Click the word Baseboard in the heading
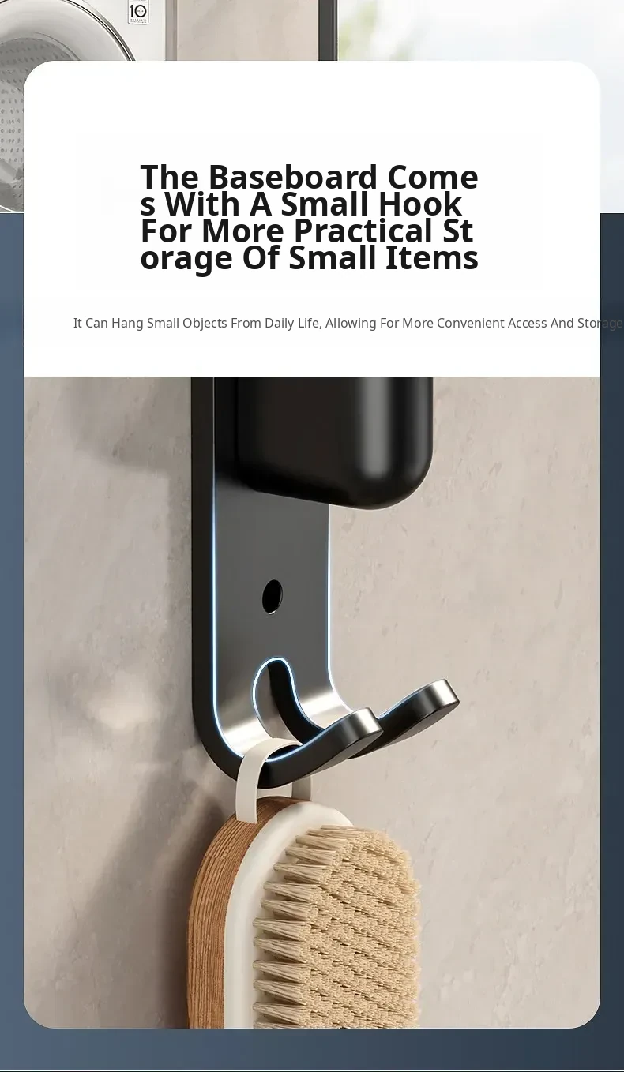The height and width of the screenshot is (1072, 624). pyautogui.click(x=293, y=177)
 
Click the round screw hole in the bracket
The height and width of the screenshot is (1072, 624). pyautogui.click(x=272, y=596)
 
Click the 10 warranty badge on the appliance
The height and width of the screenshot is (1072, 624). pyautogui.click(x=138, y=12)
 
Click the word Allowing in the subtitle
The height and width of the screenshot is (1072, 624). pyautogui.click(x=351, y=324)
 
